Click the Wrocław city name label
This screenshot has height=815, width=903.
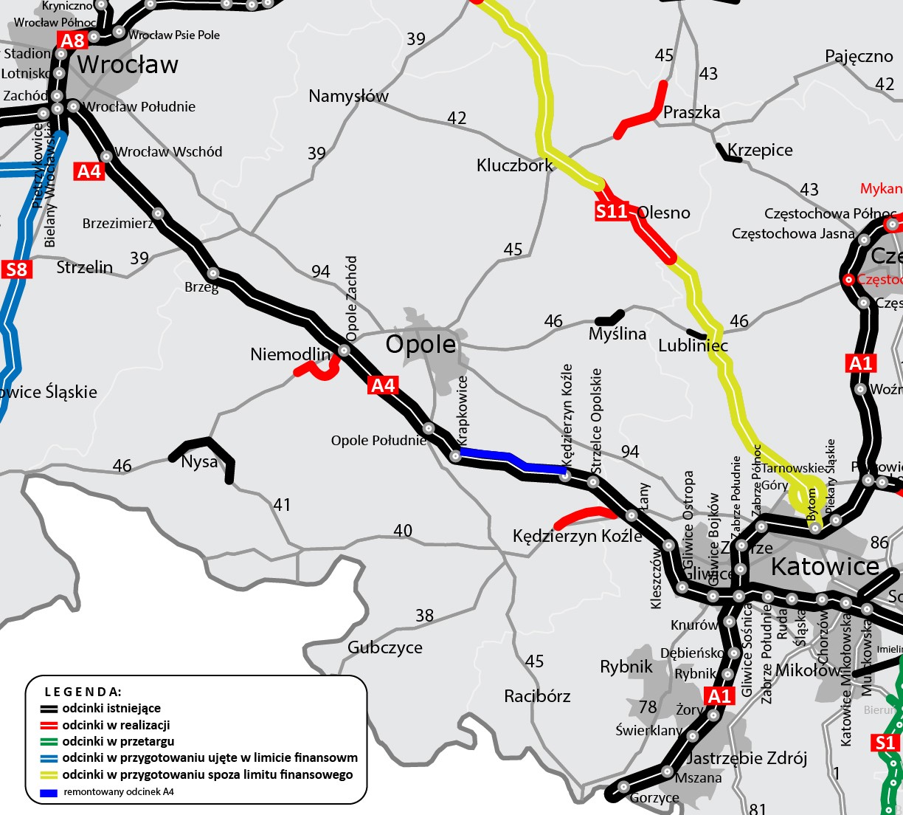(x=128, y=65)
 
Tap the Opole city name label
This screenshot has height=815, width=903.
(x=421, y=345)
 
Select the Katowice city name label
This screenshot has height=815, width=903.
(x=825, y=567)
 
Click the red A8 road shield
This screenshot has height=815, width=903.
(x=73, y=41)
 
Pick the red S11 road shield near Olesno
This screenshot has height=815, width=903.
(x=612, y=212)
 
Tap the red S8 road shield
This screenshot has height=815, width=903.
(x=16, y=269)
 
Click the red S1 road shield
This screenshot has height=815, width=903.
(x=885, y=743)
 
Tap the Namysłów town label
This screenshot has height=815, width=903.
(x=348, y=96)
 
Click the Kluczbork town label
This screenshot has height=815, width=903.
(x=514, y=165)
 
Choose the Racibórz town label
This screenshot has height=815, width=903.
(x=537, y=696)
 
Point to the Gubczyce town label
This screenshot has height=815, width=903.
(x=385, y=648)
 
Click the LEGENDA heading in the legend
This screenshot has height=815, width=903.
(x=83, y=692)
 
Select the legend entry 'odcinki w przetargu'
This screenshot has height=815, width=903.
(x=118, y=741)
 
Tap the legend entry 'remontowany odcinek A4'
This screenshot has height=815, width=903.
(x=119, y=791)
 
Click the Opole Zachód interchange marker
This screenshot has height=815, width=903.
(x=344, y=350)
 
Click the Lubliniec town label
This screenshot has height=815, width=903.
(x=693, y=345)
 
